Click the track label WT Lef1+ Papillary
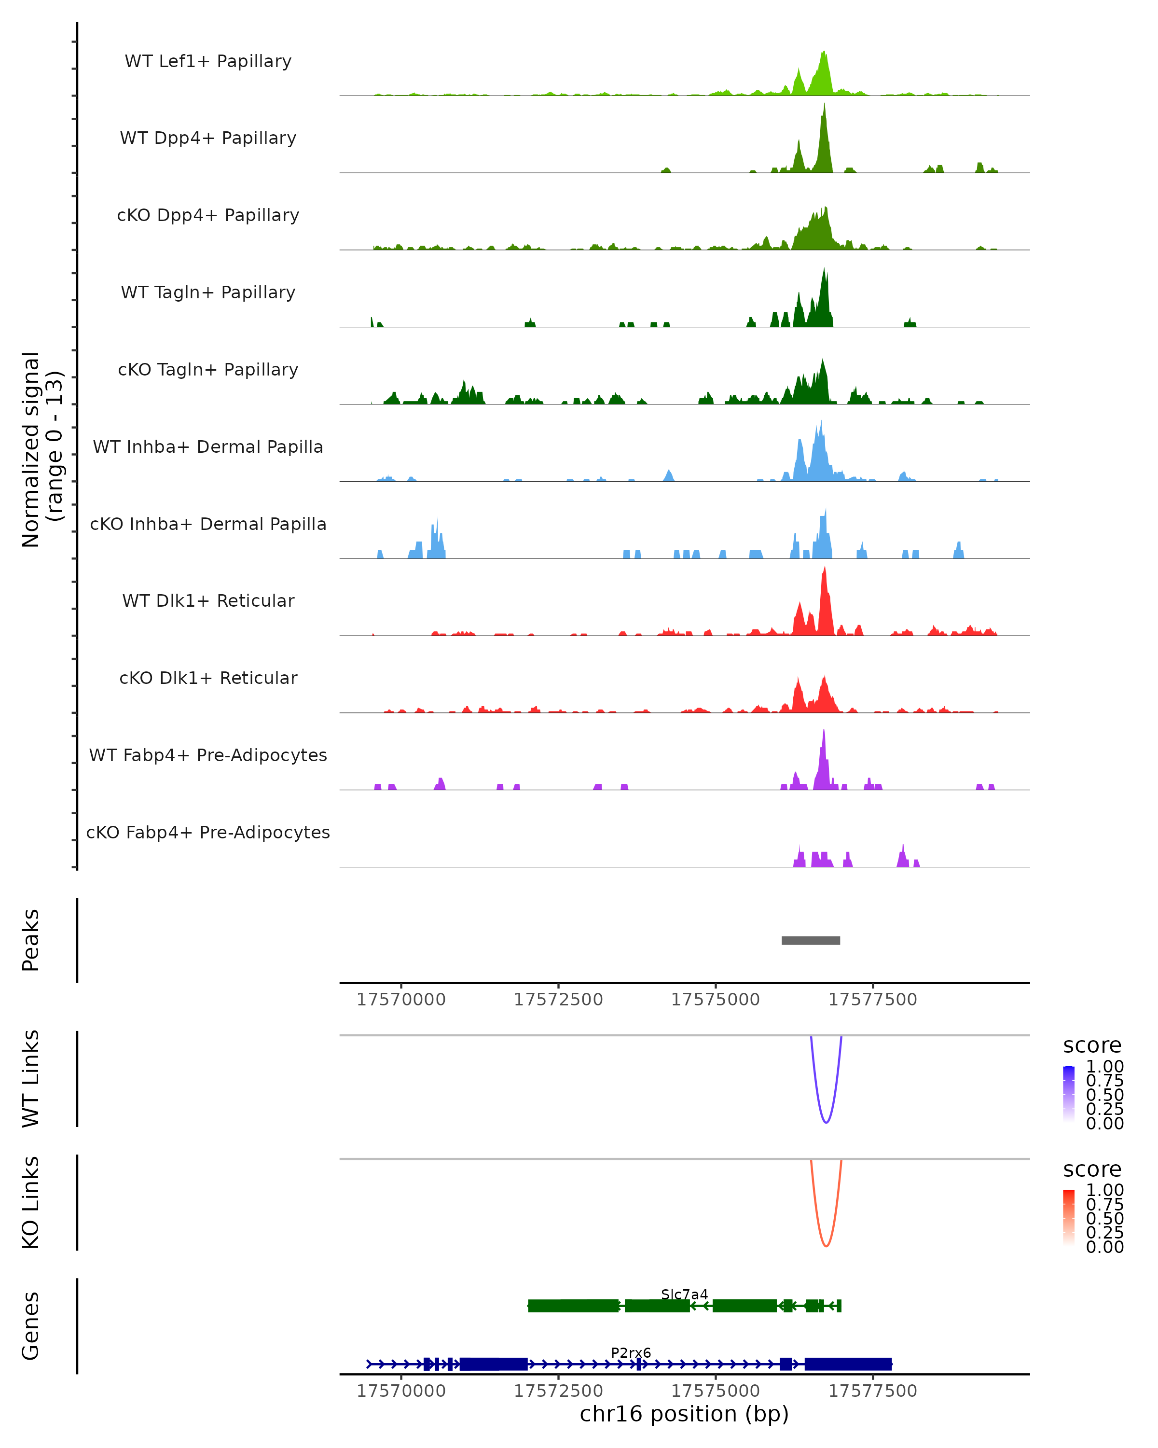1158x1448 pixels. point(208,61)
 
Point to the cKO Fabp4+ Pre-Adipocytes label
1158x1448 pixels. point(208,832)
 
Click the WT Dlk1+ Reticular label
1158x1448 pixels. point(208,600)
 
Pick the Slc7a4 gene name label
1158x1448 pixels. point(684,1294)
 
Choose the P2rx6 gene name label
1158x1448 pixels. point(630,1352)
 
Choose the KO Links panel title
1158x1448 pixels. point(31,1202)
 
